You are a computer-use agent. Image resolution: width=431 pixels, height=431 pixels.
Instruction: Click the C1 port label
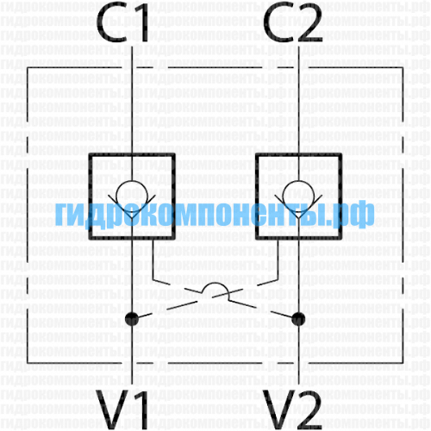click(122, 23)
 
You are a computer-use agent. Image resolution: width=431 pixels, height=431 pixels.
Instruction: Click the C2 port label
click(293, 23)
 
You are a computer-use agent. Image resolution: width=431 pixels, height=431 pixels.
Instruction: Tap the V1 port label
click(122, 409)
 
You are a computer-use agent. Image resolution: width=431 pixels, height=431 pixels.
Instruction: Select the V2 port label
click(293, 409)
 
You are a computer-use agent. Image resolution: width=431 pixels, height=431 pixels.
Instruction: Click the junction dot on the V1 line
click(132, 319)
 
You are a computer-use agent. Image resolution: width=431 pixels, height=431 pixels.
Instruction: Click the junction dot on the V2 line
click(298, 319)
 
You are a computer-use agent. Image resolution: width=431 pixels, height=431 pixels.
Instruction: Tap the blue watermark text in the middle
click(215, 214)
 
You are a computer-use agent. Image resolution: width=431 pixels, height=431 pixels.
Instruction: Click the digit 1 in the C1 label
click(141, 23)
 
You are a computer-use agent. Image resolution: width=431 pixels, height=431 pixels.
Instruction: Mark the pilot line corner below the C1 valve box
click(153, 279)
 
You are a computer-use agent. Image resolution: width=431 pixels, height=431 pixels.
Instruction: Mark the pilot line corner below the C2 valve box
click(278, 279)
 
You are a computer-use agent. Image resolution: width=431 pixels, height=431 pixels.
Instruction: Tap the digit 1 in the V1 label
click(141, 409)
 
